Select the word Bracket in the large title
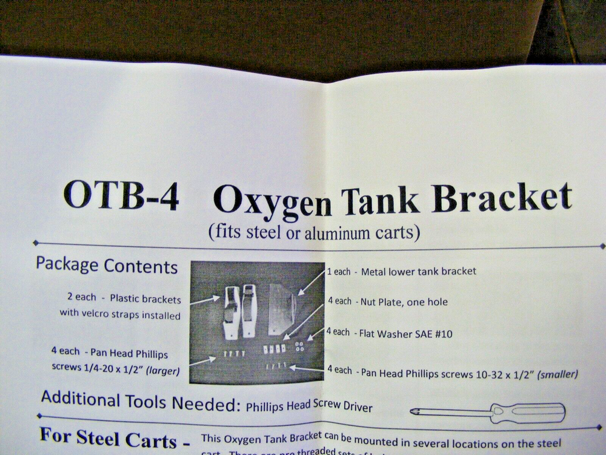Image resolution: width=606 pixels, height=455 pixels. [502, 197]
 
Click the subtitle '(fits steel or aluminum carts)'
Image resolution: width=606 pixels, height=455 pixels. [313, 231]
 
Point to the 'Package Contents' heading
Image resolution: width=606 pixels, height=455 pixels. [107, 265]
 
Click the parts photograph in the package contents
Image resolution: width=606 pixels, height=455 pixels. [257, 322]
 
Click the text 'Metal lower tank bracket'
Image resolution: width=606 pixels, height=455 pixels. [418, 271]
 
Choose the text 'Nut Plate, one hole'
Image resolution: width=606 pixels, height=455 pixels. [404, 302]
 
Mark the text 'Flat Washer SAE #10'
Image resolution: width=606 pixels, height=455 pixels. [406, 333]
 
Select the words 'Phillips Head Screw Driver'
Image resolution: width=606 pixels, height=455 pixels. [309, 405]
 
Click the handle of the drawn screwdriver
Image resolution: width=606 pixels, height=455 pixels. [528, 413]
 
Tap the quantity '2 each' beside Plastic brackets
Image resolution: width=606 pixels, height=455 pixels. [82, 297]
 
